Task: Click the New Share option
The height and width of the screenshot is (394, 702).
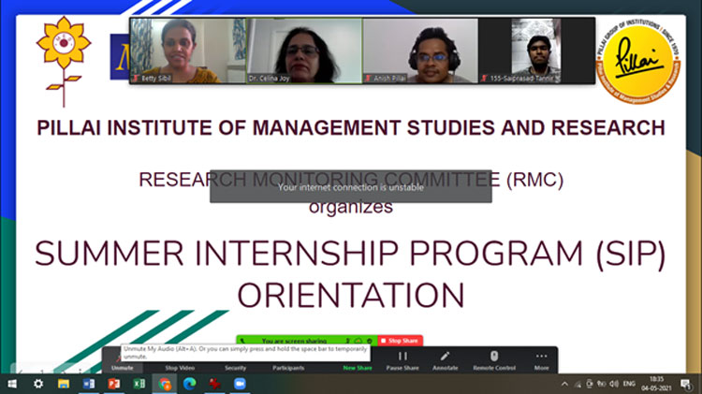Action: click(357, 368)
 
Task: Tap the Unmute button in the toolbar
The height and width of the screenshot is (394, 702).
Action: click(122, 368)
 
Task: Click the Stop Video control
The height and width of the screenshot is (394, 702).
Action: click(180, 368)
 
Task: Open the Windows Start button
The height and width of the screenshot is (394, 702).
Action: click(13, 384)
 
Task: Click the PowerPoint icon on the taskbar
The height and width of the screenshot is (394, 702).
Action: click(114, 384)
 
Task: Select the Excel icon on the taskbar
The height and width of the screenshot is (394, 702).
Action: click(139, 384)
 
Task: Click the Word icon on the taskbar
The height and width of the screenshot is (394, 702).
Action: click(89, 384)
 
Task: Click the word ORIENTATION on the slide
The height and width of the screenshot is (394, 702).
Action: click(350, 295)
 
